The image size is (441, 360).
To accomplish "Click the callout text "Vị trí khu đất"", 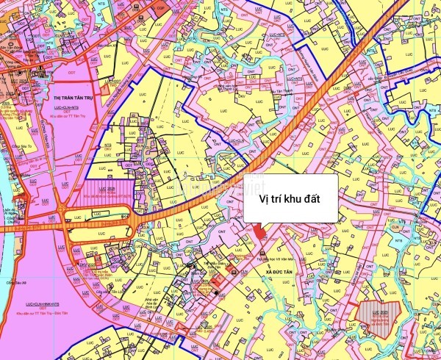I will coord(292,198).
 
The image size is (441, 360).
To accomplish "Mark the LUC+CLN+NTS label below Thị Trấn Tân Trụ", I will coord(73,107).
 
